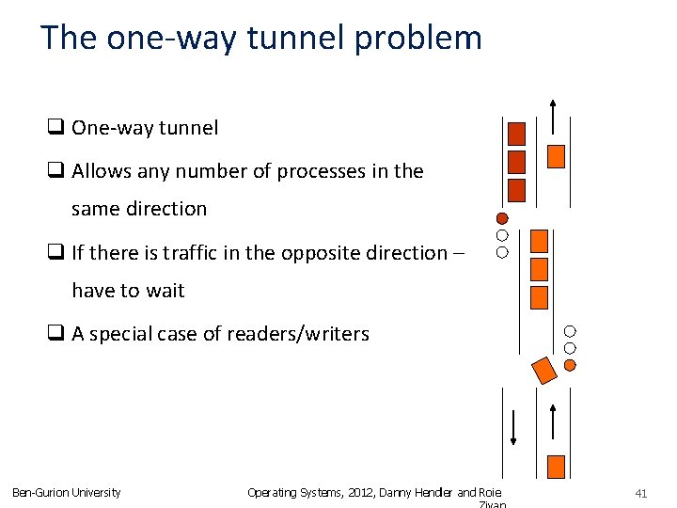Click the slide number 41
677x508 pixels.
click(x=641, y=492)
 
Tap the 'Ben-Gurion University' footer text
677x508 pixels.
click(x=66, y=492)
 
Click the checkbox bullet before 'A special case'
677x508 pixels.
click(x=55, y=334)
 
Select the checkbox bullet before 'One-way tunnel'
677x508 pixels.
click(x=55, y=128)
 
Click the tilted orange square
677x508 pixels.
click(x=544, y=370)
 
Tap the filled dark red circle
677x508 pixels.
click(x=502, y=218)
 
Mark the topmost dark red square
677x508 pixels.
click(x=516, y=134)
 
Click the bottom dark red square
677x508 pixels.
click(x=516, y=190)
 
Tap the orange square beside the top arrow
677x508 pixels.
click(x=556, y=156)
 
